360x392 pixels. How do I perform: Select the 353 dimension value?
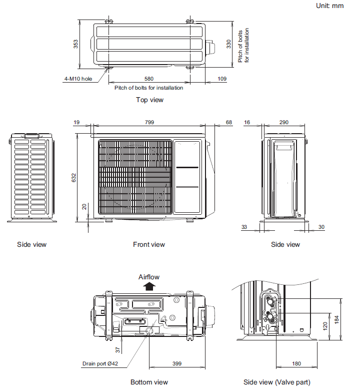point(75,44)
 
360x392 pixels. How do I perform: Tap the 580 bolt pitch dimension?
point(149,79)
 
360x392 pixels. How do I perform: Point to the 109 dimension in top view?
point(222,79)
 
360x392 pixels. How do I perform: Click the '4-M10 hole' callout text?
point(78,79)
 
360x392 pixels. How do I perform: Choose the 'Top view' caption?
point(149,100)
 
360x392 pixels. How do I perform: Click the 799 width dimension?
point(149,122)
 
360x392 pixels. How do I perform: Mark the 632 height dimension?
point(73,178)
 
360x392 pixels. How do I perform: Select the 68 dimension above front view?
point(228,122)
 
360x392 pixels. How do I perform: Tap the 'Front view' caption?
point(149,244)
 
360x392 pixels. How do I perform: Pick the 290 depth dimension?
point(284,122)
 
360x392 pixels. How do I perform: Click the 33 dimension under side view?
point(244,227)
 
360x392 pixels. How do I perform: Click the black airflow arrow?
point(149,286)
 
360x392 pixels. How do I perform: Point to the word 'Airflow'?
point(149,276)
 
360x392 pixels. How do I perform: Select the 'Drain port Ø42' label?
point(100,363)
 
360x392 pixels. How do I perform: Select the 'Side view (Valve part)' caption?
point(276,382)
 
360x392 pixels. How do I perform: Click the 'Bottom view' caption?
point(149,382)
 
